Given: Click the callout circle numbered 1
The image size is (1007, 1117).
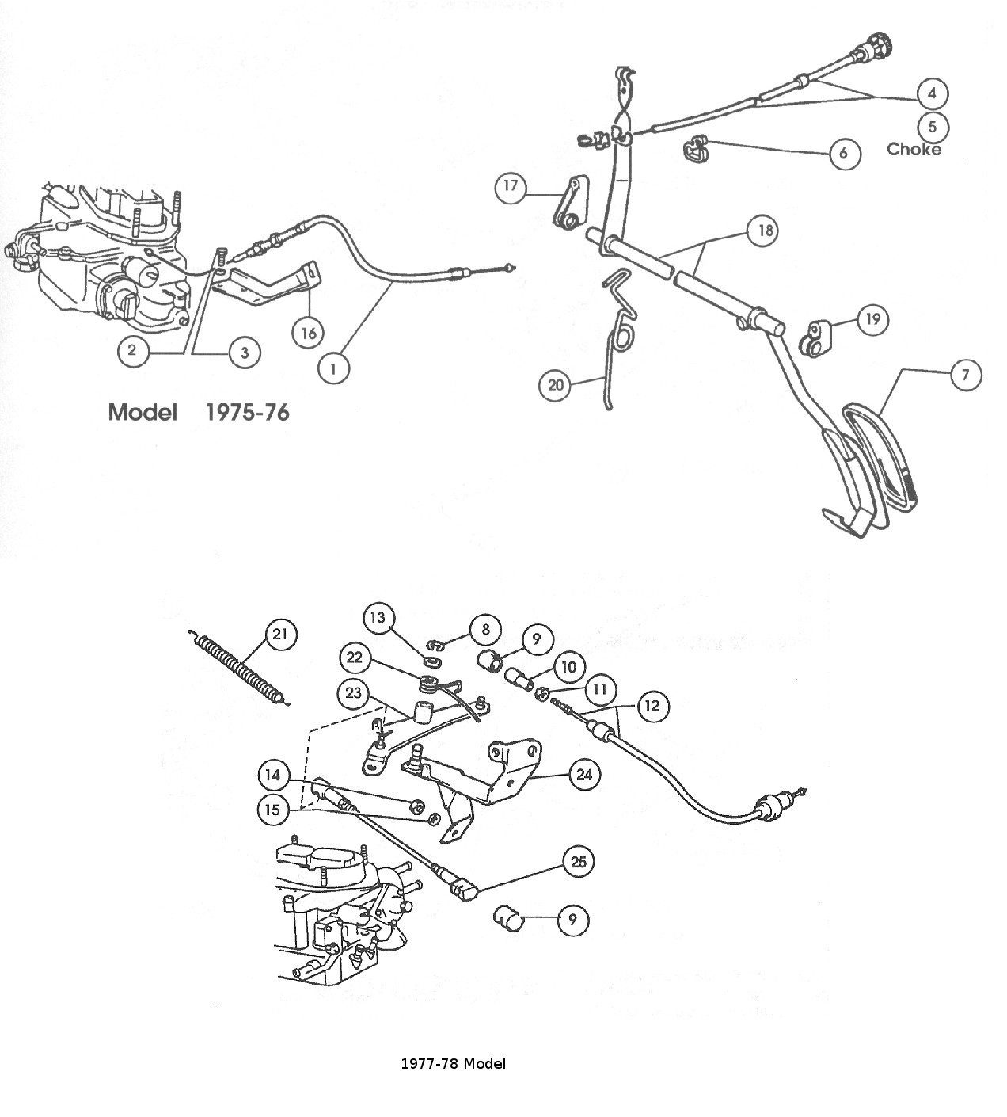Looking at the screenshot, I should (333, 368).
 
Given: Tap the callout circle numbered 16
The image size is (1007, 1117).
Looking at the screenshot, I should (309, 333).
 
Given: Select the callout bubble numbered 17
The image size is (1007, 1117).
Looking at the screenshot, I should (511, 186).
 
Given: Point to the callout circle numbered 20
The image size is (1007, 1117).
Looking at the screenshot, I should (555, 385).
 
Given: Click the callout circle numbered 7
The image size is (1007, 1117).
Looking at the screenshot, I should (965, 375).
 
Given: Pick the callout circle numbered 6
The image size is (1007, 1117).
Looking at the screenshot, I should (844, 153).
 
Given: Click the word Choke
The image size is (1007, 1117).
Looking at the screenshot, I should (914, 149).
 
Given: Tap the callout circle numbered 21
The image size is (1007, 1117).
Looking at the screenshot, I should (280, 634).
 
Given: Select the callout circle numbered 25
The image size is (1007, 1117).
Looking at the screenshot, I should (579, 861).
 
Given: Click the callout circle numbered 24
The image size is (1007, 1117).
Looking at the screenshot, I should (584, 774).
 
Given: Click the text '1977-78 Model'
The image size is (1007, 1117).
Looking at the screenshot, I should (453, 1063).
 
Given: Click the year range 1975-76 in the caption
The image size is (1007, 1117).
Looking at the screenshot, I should (247, 412).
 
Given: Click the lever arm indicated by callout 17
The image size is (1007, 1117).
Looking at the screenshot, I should (569, 204).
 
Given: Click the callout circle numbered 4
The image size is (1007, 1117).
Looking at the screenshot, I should (932, 93).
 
